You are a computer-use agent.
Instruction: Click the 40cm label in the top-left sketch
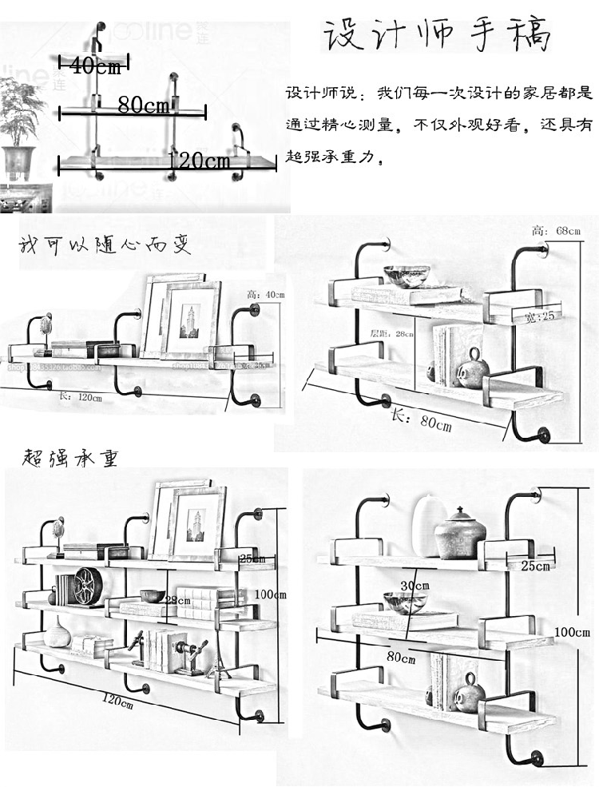coord(95,66)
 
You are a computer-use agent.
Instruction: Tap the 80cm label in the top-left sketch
coord(143,105)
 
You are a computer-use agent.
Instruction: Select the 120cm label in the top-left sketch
coord(199,161)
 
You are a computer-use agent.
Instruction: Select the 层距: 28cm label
coord(391,333)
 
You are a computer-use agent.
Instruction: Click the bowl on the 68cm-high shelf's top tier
coord(406,276)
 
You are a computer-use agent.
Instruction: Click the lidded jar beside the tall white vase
coord(460,533)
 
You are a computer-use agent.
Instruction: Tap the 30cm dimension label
coord(414,586)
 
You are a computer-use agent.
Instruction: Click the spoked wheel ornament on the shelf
coord(85,586)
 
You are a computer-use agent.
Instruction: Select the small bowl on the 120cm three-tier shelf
coord(152,596)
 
